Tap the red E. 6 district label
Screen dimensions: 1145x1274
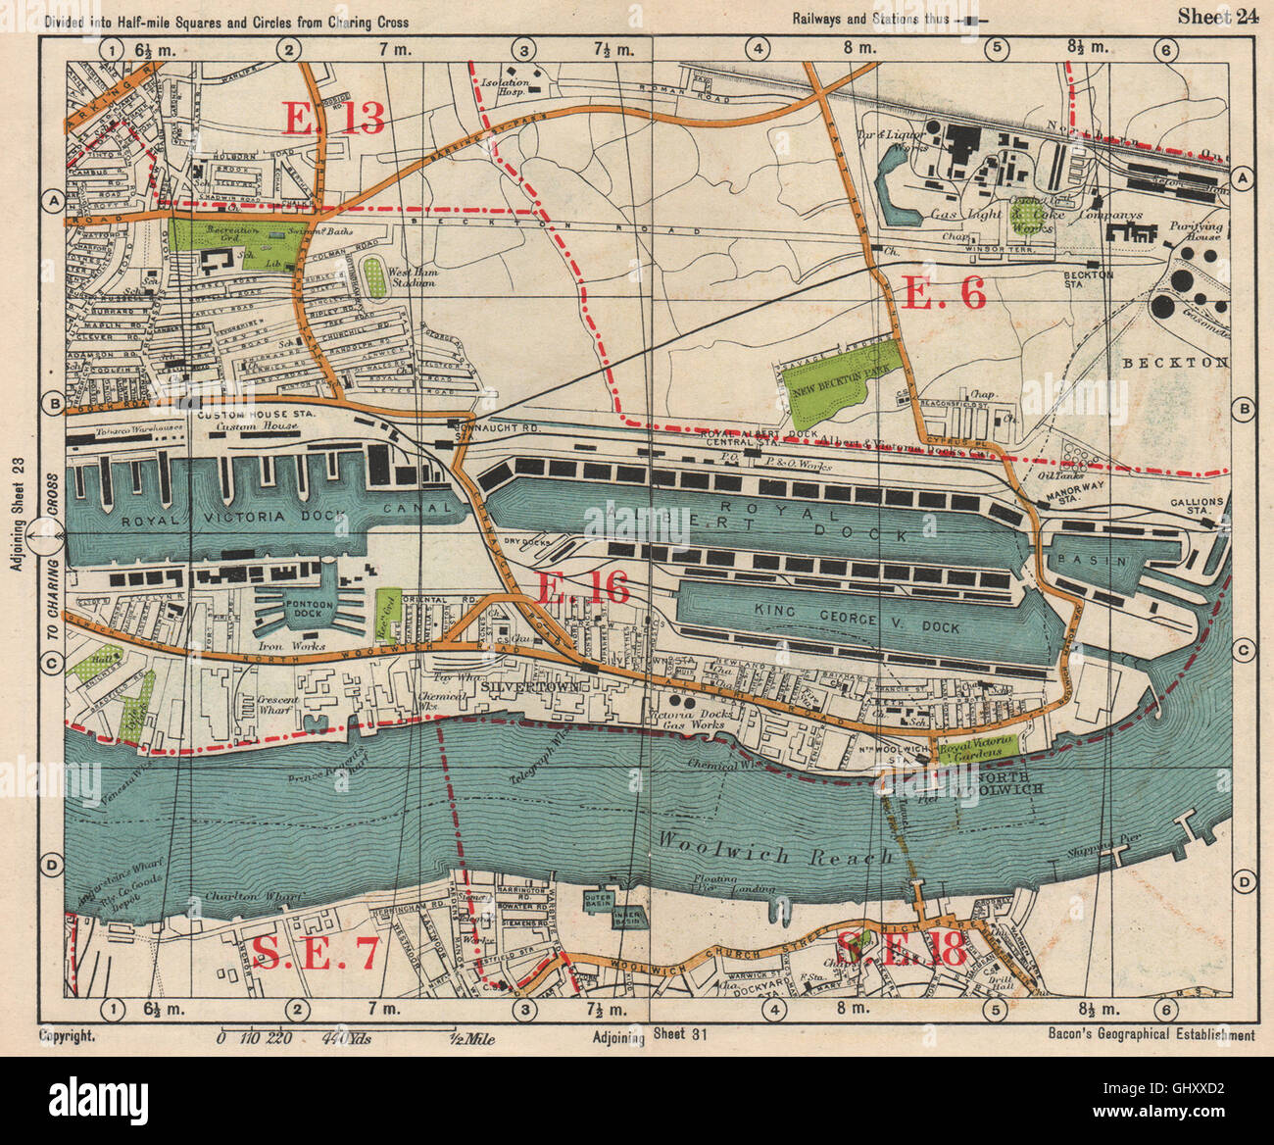point(942,293)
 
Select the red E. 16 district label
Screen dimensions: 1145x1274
point(583,587)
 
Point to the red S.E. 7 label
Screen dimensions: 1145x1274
point(315,953)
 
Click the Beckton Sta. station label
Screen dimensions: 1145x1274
point(1088,278)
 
